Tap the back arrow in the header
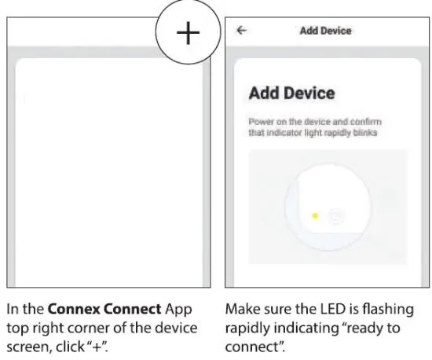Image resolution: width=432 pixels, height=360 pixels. pos(240,31)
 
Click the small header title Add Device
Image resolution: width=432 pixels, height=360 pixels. pos(325,31)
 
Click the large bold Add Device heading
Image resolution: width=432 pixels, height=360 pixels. pos(291,94)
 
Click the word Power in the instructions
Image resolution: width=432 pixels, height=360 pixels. pos(261,123)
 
